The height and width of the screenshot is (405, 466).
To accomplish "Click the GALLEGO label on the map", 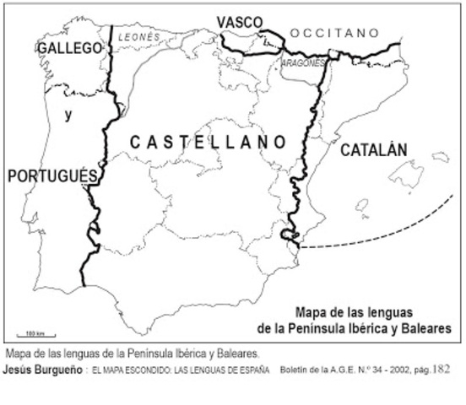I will coord(69,49).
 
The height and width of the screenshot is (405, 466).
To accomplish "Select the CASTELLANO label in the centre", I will coord(208,143).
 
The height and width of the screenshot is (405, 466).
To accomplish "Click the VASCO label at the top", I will coord(239,22).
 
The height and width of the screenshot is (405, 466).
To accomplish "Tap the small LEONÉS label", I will coord(138,37).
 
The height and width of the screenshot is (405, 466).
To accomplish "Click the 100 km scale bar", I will coord(34,337).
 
